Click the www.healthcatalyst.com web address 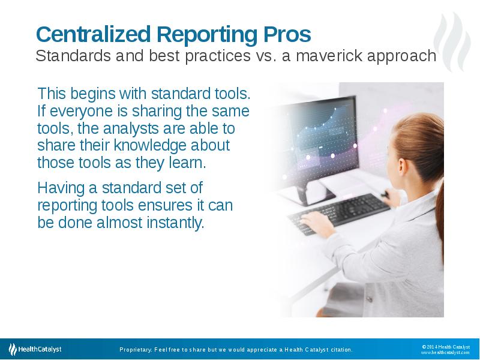pos(445,353)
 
